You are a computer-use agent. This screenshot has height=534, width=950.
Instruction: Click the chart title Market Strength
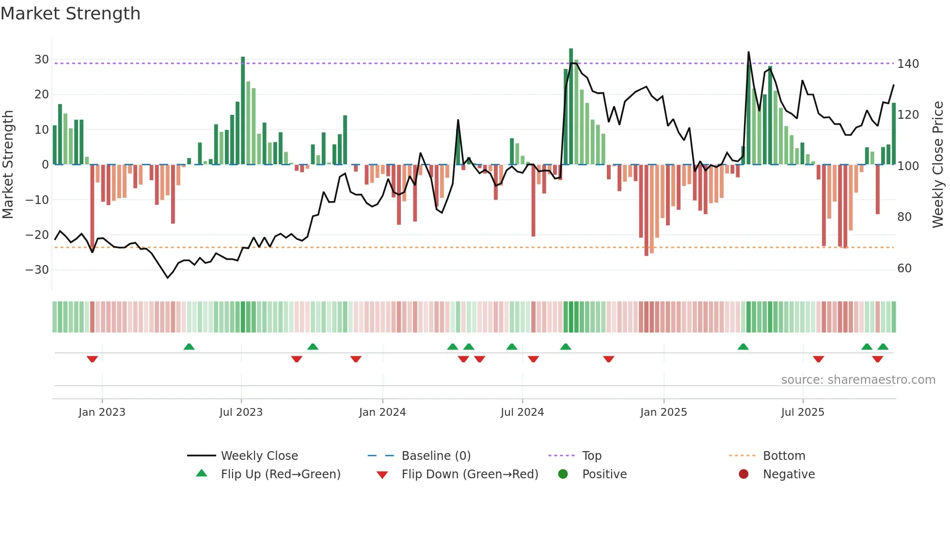point(70,14)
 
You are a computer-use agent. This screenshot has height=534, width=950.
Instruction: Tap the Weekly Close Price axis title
point(938,165)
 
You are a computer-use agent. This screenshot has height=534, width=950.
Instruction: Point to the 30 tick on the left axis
point(42,60)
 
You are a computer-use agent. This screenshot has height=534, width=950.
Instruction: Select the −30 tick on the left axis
point(38,270)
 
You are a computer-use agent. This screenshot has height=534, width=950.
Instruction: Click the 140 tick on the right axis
point(908,64)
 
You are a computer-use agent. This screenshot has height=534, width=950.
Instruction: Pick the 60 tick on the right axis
point(904,268)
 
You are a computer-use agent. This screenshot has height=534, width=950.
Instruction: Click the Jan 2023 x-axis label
point(102,412)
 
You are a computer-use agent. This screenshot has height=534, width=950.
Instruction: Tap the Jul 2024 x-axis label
point(522,412)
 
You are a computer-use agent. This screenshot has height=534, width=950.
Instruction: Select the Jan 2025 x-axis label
point(664,412)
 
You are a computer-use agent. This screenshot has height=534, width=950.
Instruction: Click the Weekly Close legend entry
point(259,456)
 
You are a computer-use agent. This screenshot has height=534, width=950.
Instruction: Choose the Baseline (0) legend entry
point(436,456)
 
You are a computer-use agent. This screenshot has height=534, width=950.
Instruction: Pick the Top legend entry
point(592,456)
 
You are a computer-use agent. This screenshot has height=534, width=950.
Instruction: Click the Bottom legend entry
point(784,456)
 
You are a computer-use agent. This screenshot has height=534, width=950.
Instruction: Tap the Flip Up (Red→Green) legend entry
point(281,474)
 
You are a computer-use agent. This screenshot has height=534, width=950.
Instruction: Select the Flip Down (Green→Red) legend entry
point(470,474)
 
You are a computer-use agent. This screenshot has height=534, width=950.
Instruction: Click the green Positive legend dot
point(563,474)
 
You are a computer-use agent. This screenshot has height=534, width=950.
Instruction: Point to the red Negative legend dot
point(744,474)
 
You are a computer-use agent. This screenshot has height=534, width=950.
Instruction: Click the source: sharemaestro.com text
point(858,380)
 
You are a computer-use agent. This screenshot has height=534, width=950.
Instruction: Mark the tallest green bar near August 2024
point(571,107)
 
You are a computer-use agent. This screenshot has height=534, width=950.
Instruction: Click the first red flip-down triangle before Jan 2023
point(92,359)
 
